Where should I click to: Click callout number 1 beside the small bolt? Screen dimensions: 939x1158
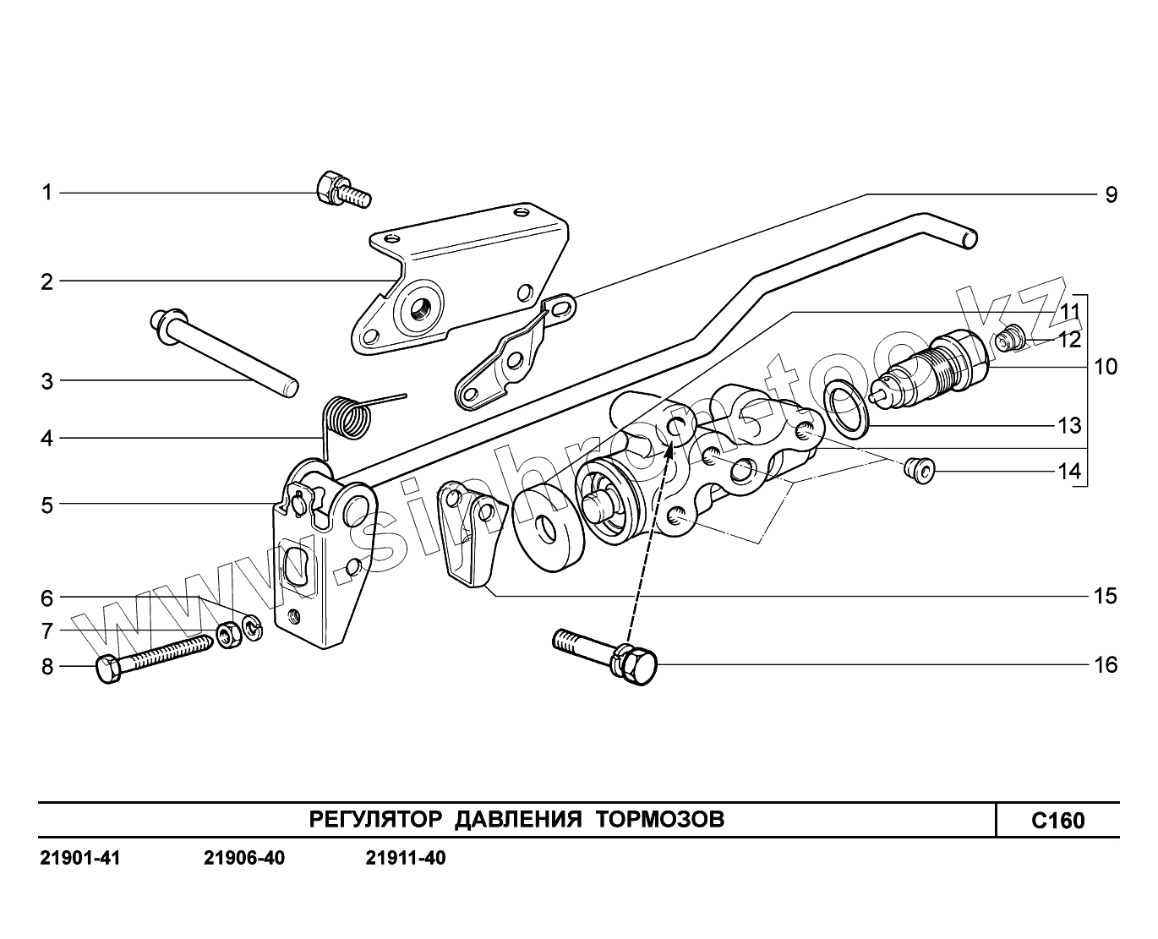coord(47,193)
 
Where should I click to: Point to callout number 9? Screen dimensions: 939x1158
coord(1111,194)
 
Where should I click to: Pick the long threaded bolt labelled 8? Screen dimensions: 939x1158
coord(156,658)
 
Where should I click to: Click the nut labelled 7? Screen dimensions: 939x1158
coord(227,634)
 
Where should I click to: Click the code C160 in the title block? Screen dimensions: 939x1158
coord(1057,821)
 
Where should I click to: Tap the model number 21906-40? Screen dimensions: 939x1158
coord(244,859)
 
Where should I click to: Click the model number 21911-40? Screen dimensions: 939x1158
coord(405,859)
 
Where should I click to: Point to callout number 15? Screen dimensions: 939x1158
coord(1105,596)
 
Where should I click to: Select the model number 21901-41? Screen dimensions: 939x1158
coord(80,859)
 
